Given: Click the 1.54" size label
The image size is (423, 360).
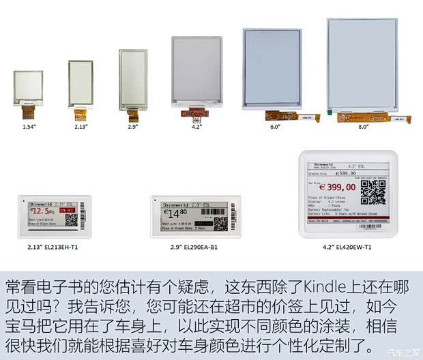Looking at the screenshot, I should click(x=29, y=126).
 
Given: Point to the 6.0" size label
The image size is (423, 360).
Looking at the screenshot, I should click(x=275, y=126).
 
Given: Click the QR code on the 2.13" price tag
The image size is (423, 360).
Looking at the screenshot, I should click(x=72, y=220).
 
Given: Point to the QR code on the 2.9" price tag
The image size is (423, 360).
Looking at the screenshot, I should click(x=220, y=224).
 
